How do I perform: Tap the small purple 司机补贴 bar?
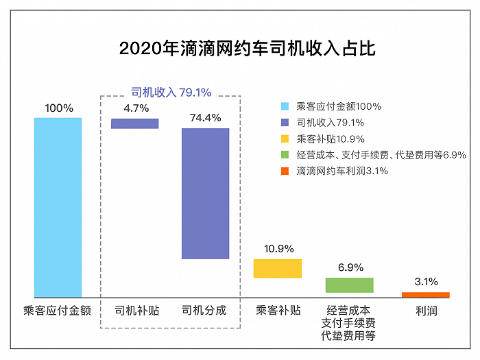[x=135, y=123]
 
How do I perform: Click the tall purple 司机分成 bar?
[x=205, y=193]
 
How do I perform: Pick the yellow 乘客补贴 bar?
[x=278, y=268]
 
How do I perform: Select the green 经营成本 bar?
[x=349, y=285]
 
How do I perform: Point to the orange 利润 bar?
[x=425, y=295]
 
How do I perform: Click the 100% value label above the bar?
[x=58, y=108]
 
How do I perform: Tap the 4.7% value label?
[x=136, y=108]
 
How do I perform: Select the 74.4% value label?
[x=205, y=118]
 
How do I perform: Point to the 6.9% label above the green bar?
[x=350, y=267]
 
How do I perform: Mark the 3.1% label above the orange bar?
[x=425, y=282]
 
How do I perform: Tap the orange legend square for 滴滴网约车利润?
[x=285, y=171]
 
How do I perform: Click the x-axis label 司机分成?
[x=204, y=311]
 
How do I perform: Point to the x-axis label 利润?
[x=425, y=311]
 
